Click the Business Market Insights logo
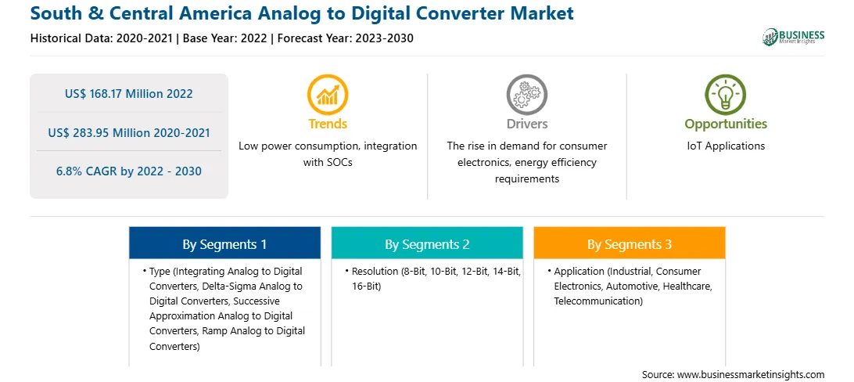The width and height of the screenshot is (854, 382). (x=794, y=37)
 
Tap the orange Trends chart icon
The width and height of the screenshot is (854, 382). (x=328, y=95)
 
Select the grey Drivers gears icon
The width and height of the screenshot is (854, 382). (x=526, y=95)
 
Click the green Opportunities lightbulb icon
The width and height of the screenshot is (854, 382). (x=726, y=95)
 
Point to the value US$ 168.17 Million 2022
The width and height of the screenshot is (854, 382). (x=128, y=94)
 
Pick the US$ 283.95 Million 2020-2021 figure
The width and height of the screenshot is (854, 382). (x=128, y=132)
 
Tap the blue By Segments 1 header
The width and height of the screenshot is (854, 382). (x=225, y=244)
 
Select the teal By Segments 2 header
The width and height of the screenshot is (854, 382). (x=427, y=244)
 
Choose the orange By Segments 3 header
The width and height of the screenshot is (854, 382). (x=630, y=244)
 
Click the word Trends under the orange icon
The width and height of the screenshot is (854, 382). (x=328, y=124)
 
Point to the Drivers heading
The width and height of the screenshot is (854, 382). (x=526, y=124)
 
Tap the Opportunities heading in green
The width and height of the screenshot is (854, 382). (x=726, y=124)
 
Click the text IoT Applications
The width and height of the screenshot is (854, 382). (x=726, y=146)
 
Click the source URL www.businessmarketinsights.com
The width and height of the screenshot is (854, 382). (x=751, y=375)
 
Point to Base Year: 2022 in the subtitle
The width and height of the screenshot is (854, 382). (x=225, y=38)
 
